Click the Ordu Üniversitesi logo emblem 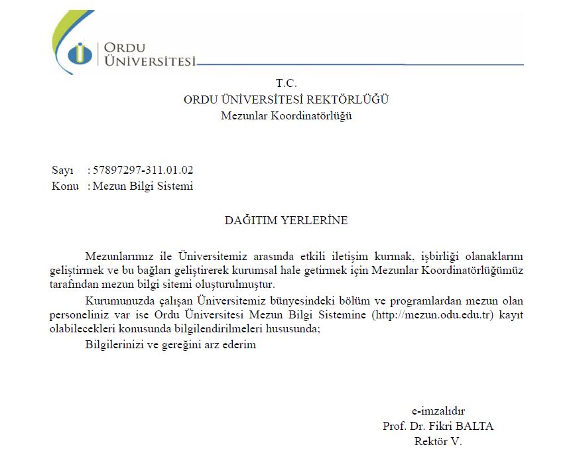(x=80, y=53)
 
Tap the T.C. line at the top (x=286, y=84)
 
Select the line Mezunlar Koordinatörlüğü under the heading (x=286, y=116)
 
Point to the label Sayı (x=62, y=170)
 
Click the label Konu (x=65, y=186)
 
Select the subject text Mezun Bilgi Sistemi (x=143, y=186)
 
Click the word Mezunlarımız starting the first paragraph (x=117, y=256)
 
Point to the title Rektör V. (x=438, y=441)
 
